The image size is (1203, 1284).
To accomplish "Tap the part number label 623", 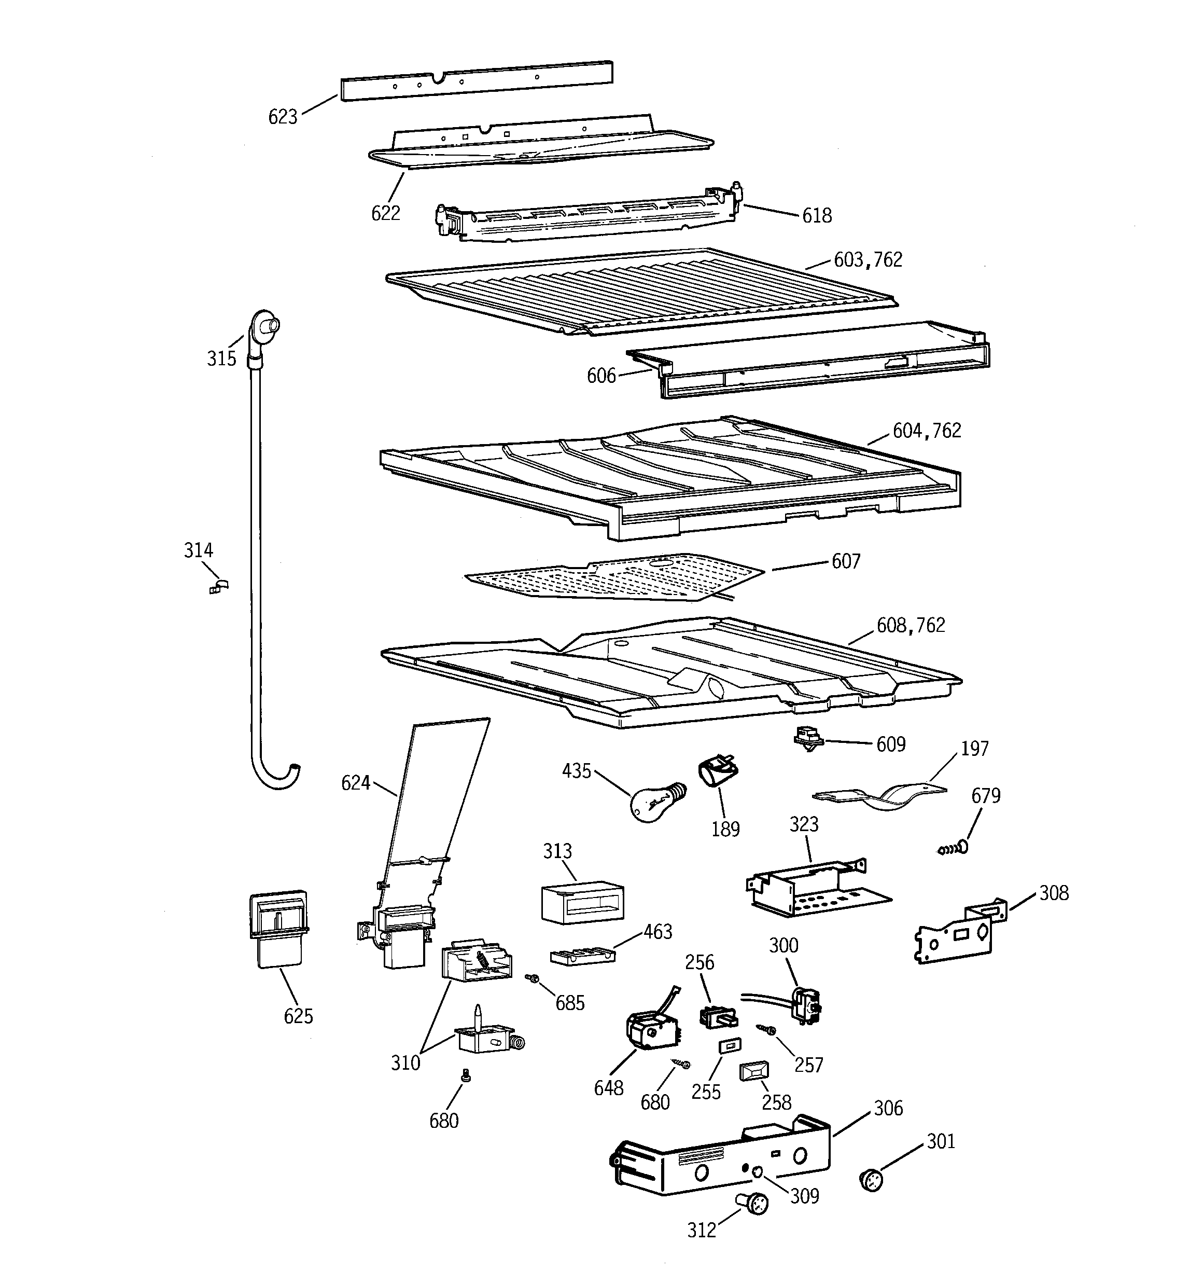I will click(283, 117).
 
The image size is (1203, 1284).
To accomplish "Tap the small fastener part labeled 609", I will click(807, 738).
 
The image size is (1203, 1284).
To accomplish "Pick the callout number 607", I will click(846, 561).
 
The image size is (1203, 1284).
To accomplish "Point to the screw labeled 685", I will click(533, 978).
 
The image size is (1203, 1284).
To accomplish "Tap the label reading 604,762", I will click(927, 431).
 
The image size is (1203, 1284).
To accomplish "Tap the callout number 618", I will click(817, 216).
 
